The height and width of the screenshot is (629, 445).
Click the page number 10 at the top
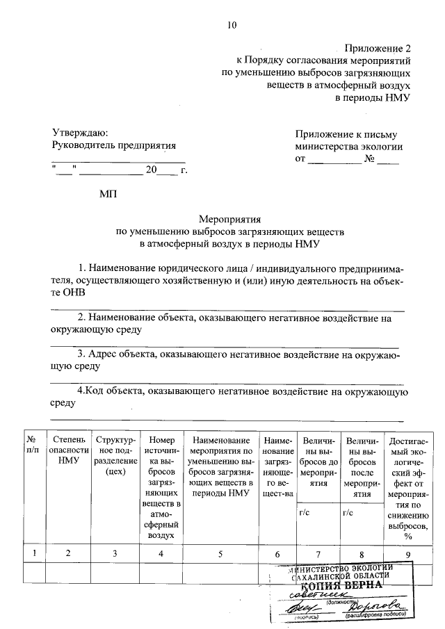232,26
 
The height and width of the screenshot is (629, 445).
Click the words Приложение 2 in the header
378,49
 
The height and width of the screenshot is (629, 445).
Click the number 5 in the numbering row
220,553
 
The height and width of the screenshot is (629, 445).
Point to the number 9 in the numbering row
408,553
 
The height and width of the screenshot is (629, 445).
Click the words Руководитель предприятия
114,146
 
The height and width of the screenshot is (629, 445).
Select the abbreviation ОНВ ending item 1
70,293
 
